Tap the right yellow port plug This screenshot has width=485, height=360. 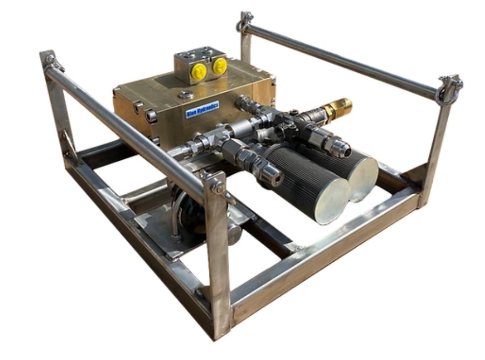tap(219, 66)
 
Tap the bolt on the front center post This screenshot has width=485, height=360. tap(218, 187)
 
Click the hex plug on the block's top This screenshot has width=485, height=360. tap(186, 95)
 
